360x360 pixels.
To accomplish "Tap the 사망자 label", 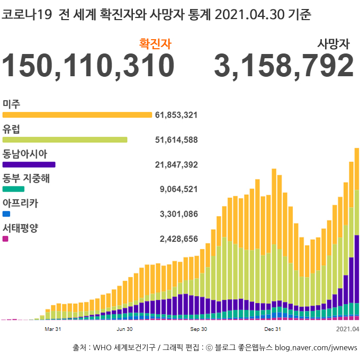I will (334, 44).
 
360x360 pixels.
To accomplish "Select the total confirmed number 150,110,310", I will (88, 66).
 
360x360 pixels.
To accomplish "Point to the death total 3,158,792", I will (284, 66).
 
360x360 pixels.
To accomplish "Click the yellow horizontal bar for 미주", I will (77, 115).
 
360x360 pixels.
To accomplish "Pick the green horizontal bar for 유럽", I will (65, 140).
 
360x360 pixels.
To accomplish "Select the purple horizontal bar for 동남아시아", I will (29, 165).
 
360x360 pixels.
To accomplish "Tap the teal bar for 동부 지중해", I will (14, 189).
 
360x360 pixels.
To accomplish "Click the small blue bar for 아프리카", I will (6, 214).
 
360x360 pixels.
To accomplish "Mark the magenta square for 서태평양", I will (5, 239).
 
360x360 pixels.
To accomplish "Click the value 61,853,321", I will (176, 115).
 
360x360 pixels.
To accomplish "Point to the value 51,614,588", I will (176, 140).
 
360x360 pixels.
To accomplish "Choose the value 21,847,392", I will (176, 165).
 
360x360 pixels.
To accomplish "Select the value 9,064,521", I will (178, 189).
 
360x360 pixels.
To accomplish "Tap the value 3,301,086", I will (178, 214).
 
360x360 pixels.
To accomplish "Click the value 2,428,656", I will (178, 239).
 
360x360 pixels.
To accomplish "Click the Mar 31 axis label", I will (53, 329).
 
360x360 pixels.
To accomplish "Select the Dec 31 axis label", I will (272, 329).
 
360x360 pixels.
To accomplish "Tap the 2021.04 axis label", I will (348, 329).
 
